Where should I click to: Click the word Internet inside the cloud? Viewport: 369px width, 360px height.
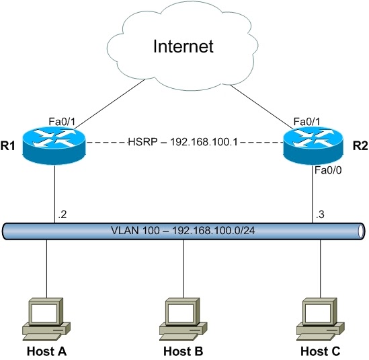pyautogui.click(x=183, y=46)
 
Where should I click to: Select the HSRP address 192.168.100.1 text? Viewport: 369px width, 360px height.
pyautogui.click(x=183, y=143)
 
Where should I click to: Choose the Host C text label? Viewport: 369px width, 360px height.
pyautogui.click(x=321, y=351)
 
